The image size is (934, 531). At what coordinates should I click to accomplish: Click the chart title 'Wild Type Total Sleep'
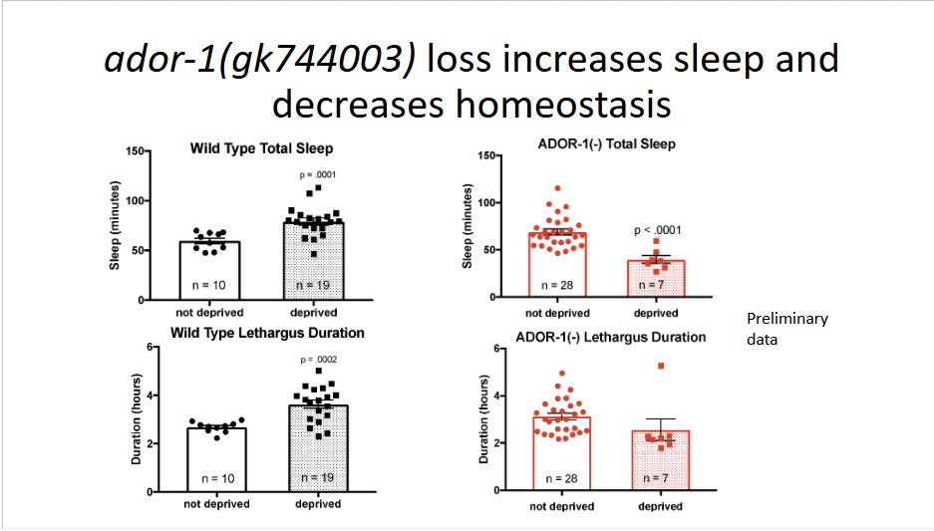pyautogui.click(x=262, y=148)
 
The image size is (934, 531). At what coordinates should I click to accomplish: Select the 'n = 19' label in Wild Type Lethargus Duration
pyautogui.click(x=317, y=480)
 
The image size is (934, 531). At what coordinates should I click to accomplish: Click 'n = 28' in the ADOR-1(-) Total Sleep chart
pyautogui.click(x=558, y=285)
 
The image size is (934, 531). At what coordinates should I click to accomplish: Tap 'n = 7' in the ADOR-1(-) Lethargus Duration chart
pyautogui.click(x=655, y=479)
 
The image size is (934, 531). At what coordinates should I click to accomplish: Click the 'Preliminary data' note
pyautogui.click(x=786, y=328)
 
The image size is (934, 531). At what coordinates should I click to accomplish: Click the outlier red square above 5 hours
pyautogui.click(x=660, y=366)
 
